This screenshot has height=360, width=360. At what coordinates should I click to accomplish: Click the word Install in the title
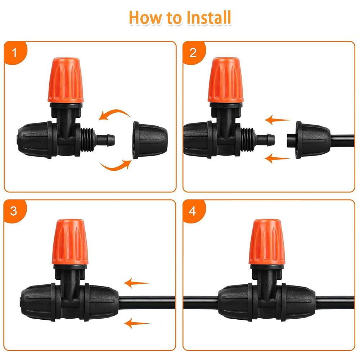[x=209, y=17]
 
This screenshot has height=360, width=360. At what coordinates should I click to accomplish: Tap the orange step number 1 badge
[x=15, y=53]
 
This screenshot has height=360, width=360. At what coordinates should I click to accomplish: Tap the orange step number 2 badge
[x=193, y=53]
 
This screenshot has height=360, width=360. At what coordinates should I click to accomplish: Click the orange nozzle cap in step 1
[x=66, y=80]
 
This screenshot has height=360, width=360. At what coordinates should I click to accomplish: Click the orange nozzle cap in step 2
[x=225, y=80]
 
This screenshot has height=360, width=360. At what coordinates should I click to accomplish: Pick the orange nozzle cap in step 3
[x=70, y=242]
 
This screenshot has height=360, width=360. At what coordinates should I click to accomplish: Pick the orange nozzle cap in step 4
[x=267, y=242]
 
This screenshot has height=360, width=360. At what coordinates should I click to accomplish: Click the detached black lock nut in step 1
[x=150, y=140]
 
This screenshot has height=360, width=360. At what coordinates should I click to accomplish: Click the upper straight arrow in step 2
[x=277, y=120]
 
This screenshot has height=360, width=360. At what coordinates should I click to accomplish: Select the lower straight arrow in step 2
[x=277, y=158]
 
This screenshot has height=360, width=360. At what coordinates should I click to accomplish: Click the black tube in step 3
[x=147, y=302]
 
